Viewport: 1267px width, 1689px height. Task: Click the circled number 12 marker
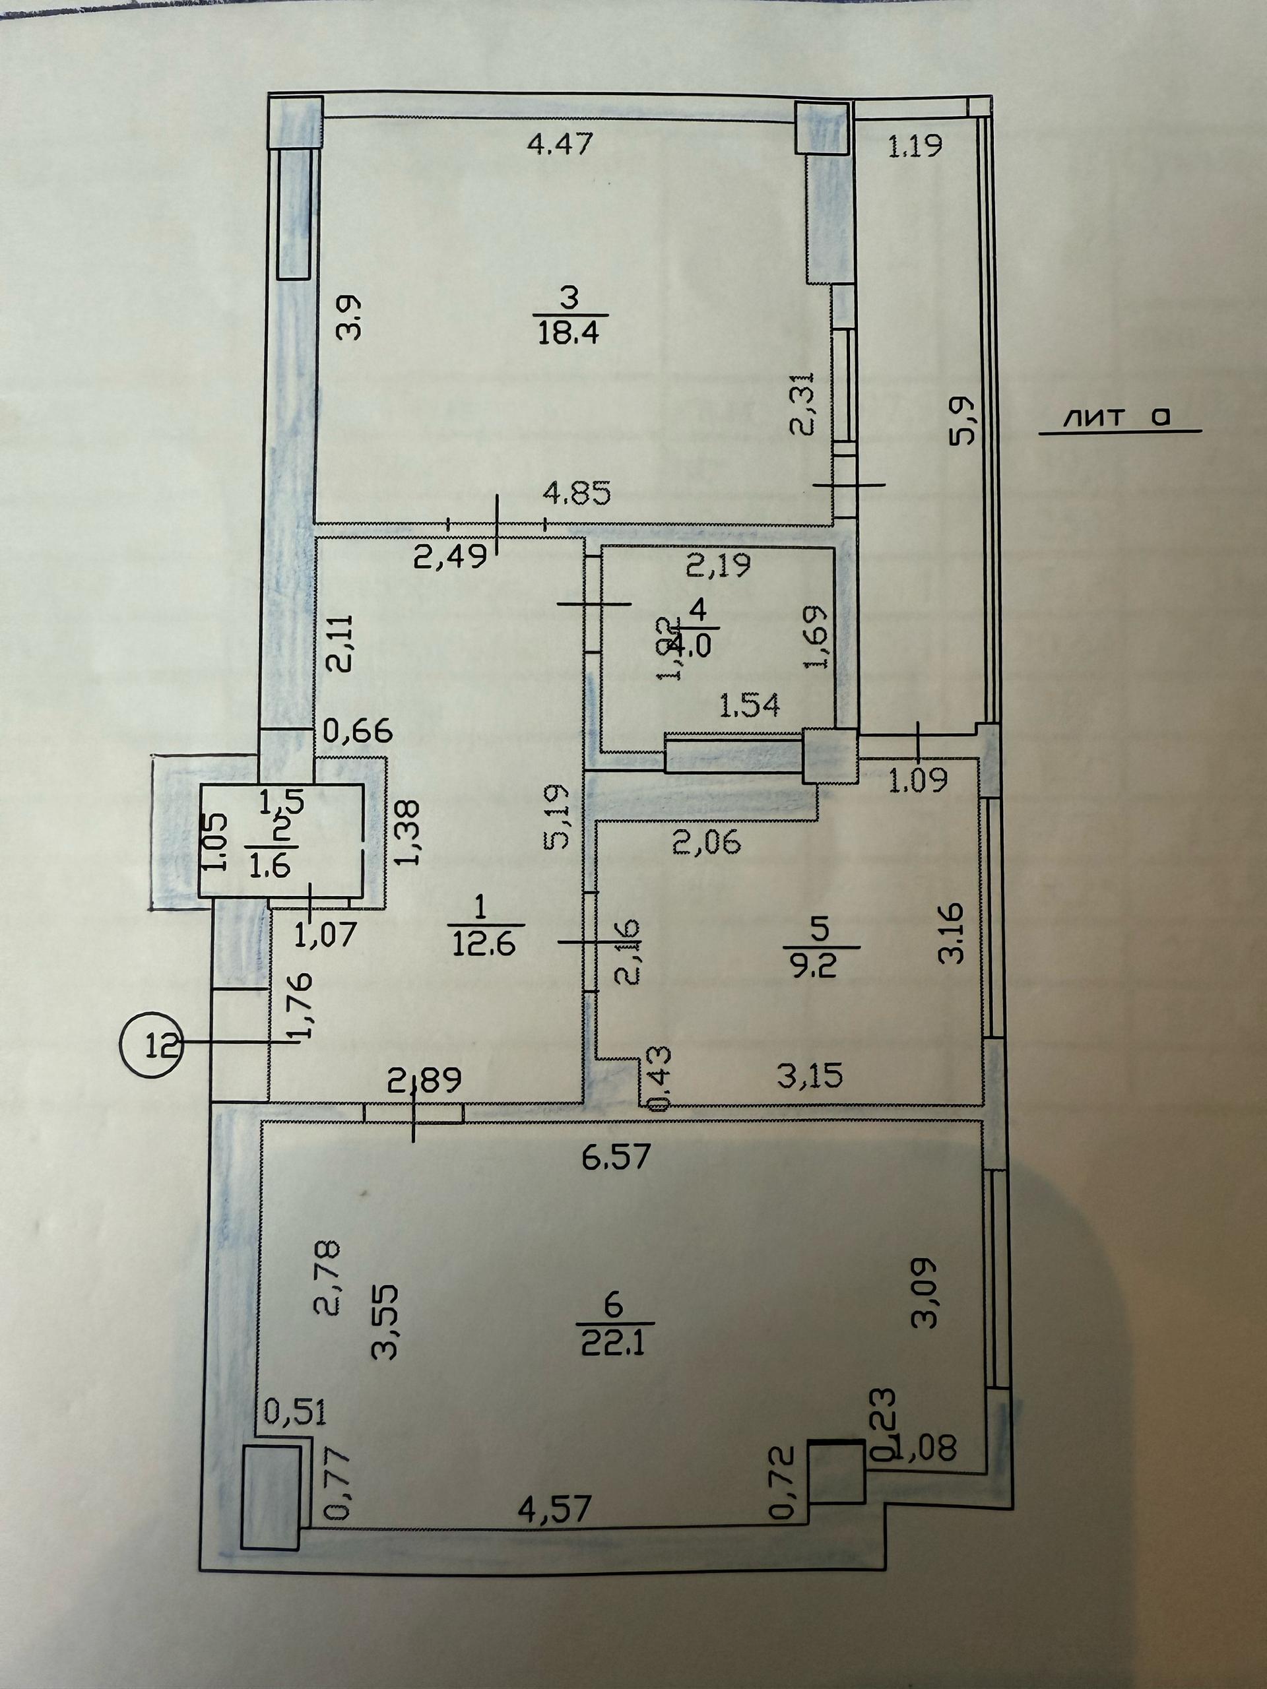pos(151,1043)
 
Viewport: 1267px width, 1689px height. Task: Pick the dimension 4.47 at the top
pos(560,144)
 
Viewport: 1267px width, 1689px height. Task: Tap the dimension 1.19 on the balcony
pos(915,145)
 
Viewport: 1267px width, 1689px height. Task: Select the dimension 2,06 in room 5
pos(707,843)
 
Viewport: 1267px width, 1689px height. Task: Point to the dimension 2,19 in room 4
pos(718,565)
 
